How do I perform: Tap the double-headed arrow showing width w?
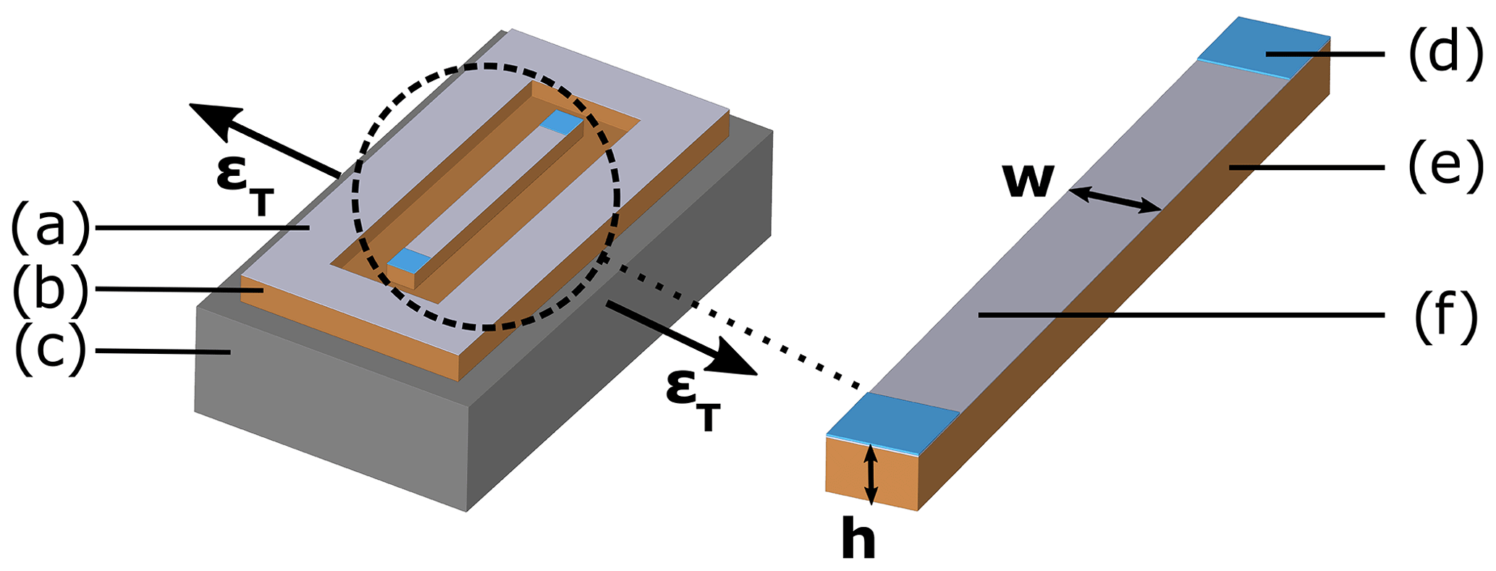pos(1115,199)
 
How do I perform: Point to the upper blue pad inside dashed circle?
pos(562,122)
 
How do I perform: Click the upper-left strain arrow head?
pos(210,116)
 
